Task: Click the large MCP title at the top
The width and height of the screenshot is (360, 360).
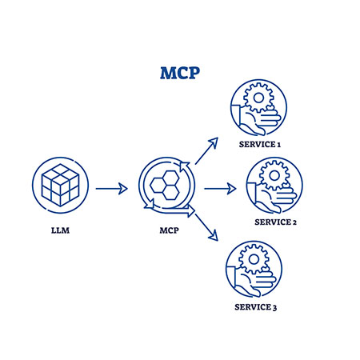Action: [178, 74]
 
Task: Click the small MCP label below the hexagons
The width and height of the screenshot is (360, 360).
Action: [166, 232]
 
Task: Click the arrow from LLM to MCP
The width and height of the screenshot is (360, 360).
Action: [111, 189]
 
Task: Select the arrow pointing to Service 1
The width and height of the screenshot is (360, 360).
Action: [206, 150]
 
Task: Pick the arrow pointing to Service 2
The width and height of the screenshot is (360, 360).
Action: [220, 189]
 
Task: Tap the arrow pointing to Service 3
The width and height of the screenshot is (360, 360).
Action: [206, 227]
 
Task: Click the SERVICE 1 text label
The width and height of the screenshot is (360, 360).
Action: [257, 144]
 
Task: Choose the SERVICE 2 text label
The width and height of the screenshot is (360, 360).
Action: [274, 222]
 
